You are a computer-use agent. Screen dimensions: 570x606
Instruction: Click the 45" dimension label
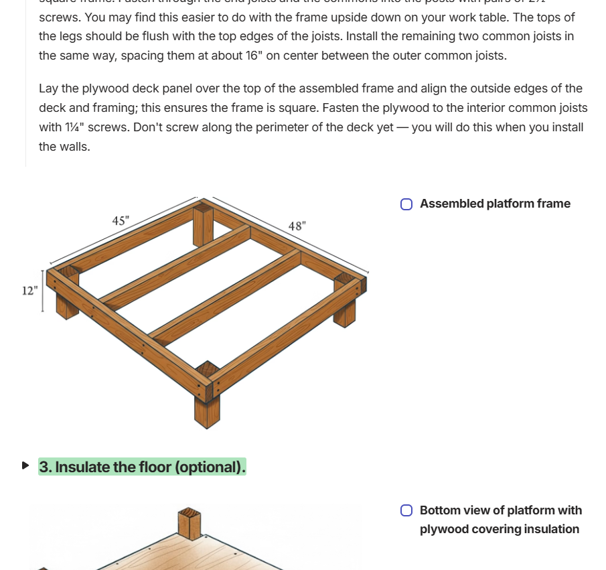coord(121,220)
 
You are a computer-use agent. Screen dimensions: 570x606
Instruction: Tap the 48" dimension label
coord(297,226)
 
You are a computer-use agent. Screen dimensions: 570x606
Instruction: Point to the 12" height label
coord(29,290)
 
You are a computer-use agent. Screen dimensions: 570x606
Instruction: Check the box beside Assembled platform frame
coord(406,204)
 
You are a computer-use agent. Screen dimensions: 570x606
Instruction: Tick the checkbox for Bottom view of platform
coord(406,510)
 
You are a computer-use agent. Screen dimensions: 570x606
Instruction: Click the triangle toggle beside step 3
coord(25,466)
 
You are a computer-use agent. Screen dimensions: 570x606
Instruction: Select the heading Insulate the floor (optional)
coord(142,467)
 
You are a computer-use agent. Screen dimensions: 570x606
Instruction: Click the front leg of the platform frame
coord(207,405)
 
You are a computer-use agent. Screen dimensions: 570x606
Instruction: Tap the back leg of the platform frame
coord(203,225)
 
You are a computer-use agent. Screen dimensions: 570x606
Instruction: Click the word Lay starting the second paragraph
coord(49,88)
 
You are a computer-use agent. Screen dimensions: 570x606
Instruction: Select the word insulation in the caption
coord(546,529)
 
